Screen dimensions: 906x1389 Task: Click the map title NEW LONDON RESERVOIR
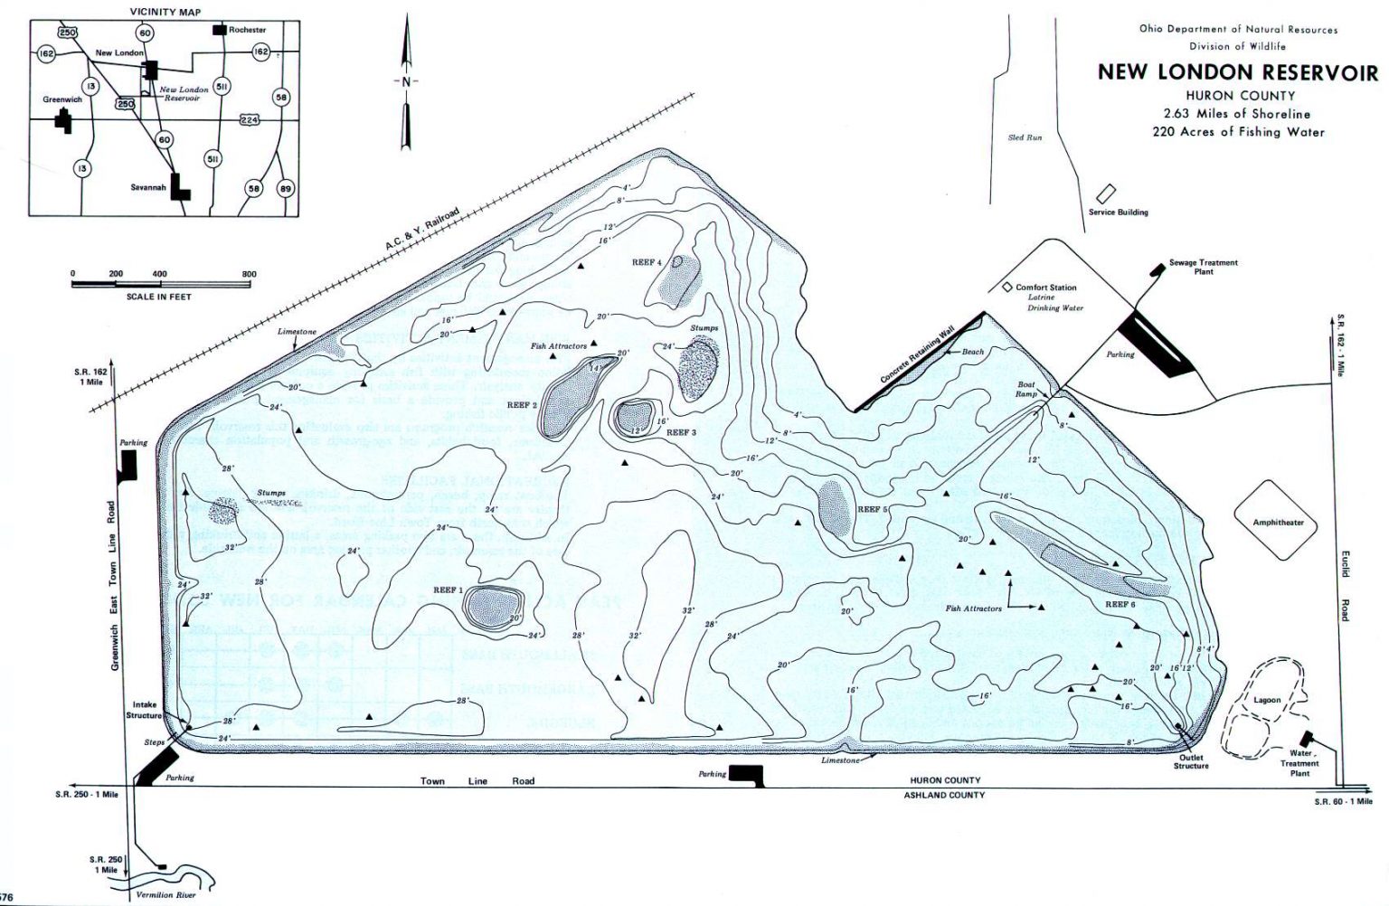(x=1237, y=72)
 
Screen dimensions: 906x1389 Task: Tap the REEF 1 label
(x=448, y=590)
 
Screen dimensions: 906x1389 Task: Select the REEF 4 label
(x=647, y=263)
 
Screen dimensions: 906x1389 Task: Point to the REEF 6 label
(x=1120, y=604)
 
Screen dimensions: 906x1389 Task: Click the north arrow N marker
(x=406, y=81)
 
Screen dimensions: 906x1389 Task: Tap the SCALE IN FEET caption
(x=159, y=297)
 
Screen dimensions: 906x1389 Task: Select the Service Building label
(x=1118, y=212)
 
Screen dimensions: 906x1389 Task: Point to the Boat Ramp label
(x=1025, y=390)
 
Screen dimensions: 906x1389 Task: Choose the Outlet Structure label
(x=1191, y=761)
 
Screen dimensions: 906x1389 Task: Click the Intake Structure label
(x=145, y=710)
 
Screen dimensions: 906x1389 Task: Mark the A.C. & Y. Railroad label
(x=421, y=229)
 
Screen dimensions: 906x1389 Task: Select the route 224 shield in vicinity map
(x=250, y=119)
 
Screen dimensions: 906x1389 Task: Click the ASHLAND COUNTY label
(x=944, y=795)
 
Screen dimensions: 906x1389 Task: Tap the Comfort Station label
(x=1045, y=288)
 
